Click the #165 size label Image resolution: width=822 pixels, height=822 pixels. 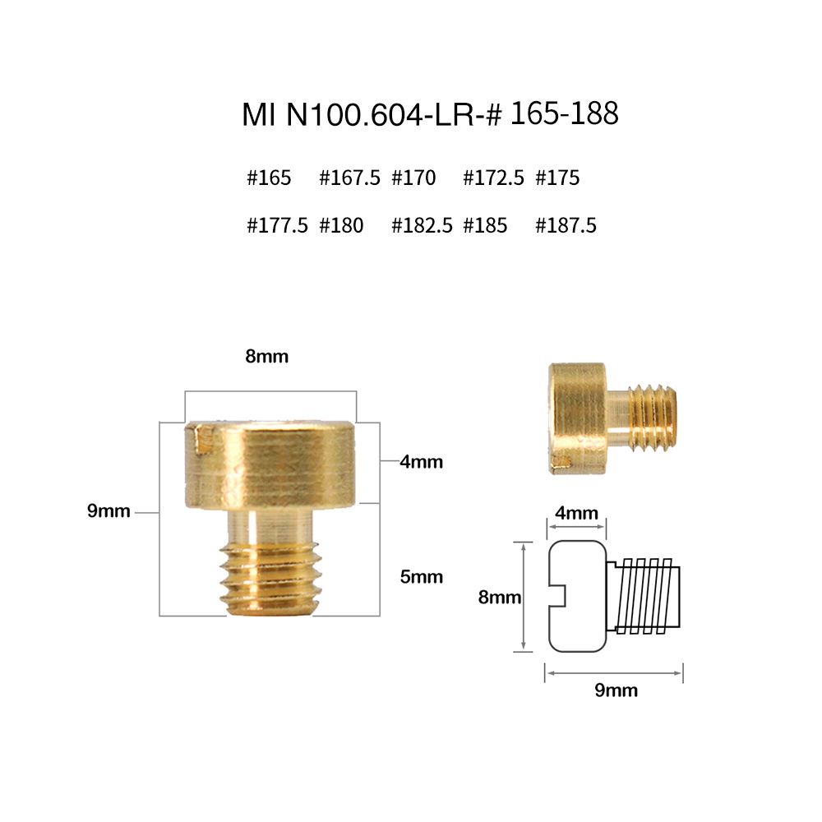tap(269, 178)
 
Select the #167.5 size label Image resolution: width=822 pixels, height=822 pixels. tap(349, 178)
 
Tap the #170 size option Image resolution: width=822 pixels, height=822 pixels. tap(413, 178)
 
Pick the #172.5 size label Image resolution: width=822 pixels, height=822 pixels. tap(493, 178)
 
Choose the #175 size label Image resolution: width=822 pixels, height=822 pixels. tap(557, 178)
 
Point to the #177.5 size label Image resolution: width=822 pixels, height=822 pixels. tap(277, 225)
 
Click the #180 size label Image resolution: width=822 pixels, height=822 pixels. tap(341, 225)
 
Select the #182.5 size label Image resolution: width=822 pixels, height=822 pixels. tap(422, 225)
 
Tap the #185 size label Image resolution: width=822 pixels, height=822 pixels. tap(485, 225)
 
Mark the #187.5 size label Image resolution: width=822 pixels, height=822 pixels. tap(566, 225)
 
